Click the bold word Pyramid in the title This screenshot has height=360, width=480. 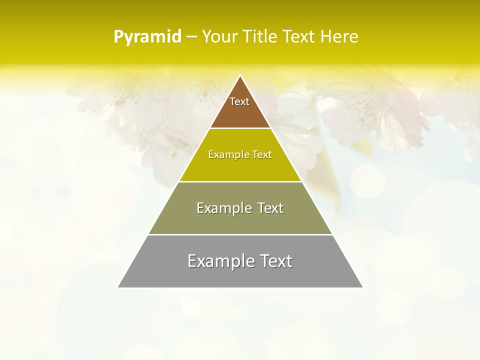pos(147,37)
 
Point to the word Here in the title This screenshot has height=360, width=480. pos(339,37)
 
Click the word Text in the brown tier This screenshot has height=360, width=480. pos(239,101)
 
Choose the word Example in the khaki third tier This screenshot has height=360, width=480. pos(221,208)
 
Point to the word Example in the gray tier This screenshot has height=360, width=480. pos(216,261)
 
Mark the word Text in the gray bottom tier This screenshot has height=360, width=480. pos(274,261)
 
